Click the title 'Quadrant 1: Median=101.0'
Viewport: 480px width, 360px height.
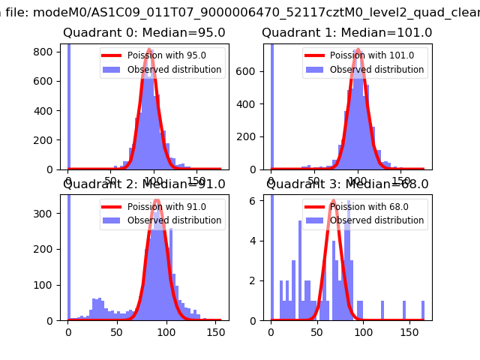(x=346, y=33)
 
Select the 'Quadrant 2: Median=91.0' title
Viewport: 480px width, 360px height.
(x=145, y=184)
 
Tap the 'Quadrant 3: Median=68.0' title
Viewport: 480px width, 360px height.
(x=347, y=184)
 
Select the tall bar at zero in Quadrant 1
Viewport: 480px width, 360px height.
(x=272, y=105)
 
